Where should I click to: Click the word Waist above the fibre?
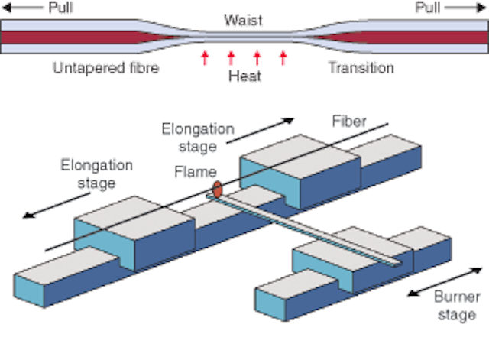pos(243,21)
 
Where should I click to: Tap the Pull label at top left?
pos(61,8)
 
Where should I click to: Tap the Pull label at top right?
pos(428,8)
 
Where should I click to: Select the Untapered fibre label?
pos(105,68)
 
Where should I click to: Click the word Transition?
pos(361,68)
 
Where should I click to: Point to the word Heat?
pos(244,76)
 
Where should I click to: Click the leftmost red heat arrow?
pos(205,58)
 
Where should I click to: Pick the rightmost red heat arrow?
pos(283,58)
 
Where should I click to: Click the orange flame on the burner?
pos(217,190)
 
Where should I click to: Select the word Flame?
pos(196,172)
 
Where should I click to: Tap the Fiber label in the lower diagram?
pos(349,122)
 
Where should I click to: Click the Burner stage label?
pos(457,306)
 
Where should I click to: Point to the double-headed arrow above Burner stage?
pos(445,282)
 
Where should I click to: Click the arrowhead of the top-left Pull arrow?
pos(6,8)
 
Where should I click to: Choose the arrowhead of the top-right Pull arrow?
pos(482,8)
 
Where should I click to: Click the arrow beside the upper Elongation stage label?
pos(260,131)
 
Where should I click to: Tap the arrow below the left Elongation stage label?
pos(57,206)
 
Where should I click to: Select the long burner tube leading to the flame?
pos(304,230)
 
